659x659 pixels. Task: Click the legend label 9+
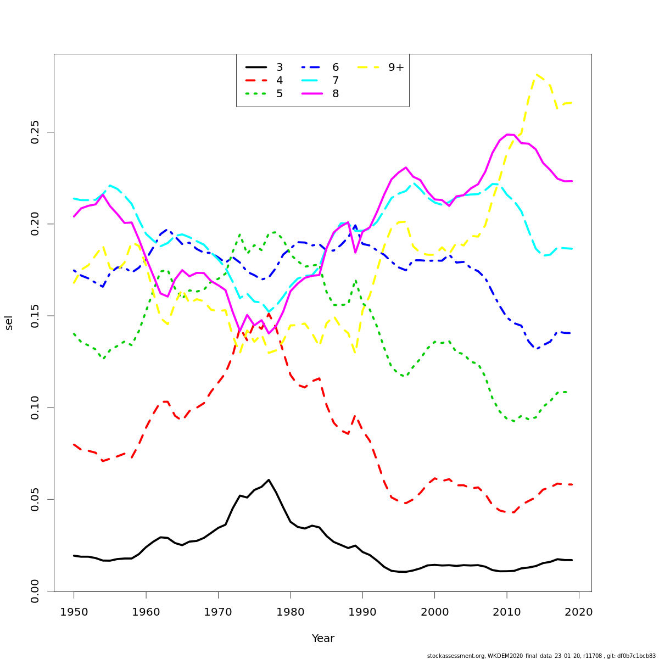396,68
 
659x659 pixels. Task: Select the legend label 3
280,68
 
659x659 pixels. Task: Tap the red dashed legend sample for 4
256,81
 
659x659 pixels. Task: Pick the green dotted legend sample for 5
256,94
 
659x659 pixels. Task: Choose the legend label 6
336,68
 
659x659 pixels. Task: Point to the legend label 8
336,94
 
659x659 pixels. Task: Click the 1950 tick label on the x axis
74,612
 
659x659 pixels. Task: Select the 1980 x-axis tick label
291,612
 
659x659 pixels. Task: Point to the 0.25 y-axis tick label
36,132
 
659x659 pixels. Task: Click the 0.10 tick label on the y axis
36,407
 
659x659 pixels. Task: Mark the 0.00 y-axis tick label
36,591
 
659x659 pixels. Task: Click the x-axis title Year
323,639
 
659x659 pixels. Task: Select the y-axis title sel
9,323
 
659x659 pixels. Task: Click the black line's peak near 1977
269,480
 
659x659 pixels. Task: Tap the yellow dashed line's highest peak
536,74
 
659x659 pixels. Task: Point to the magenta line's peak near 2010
507,134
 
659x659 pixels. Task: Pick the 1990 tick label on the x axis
362,612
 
